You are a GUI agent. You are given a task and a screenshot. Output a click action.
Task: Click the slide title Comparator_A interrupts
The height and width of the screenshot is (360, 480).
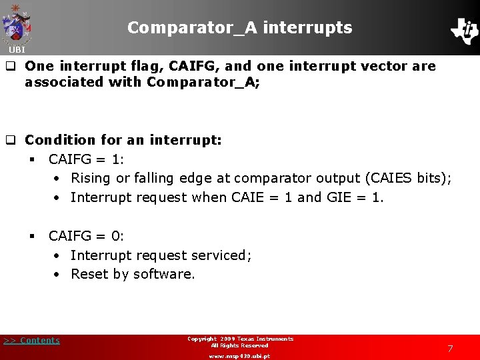(x=239, y=27)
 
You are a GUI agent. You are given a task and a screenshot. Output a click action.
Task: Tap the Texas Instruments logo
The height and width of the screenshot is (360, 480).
(x=464, y=30)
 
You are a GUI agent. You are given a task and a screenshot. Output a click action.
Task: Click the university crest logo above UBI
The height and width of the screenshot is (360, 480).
(x=17, y=24)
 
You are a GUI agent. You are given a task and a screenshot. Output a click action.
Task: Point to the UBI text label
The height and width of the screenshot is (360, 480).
(x=17, y=50)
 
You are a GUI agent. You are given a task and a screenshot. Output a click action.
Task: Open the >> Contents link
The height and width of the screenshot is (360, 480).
(x=31, y=341)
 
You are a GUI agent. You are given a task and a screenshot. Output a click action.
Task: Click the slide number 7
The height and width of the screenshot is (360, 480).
(x=450, y=349)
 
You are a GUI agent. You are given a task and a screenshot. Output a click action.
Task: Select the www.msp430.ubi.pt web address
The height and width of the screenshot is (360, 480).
(x=239, y=356)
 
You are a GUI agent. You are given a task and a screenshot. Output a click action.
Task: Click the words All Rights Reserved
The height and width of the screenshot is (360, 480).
(x=239, y=346)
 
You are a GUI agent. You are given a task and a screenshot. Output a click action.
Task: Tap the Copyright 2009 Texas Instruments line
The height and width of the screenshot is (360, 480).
(x=240, y=339)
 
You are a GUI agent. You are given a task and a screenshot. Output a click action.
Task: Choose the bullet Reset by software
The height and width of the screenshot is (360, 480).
(x=133, y=274)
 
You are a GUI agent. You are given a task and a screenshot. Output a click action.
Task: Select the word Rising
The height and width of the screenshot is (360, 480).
(x=91, y=179)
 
